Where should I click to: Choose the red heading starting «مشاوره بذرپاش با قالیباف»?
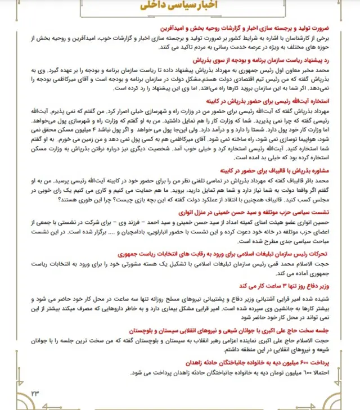(287, 168)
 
